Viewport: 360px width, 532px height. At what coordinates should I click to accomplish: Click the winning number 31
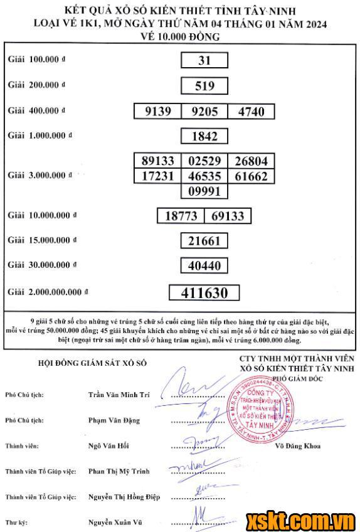203,60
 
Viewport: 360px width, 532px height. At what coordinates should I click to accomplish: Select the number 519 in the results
203,86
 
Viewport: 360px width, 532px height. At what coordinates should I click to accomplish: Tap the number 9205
203,112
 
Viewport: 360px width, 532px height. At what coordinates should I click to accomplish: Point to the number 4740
250,112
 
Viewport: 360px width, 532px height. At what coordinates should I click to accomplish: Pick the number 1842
203,137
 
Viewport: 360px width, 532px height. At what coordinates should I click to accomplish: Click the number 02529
203,161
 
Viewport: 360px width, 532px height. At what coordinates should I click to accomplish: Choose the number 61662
250,176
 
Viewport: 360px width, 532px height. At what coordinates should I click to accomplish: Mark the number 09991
203,191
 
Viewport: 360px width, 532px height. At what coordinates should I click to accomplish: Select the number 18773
181,216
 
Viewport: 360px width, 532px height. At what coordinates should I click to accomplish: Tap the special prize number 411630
204,293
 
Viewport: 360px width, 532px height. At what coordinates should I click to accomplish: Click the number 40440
204,266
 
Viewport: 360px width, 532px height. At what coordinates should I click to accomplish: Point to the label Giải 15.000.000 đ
42,240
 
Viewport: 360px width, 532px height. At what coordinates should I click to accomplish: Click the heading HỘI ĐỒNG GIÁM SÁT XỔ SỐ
92,363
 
